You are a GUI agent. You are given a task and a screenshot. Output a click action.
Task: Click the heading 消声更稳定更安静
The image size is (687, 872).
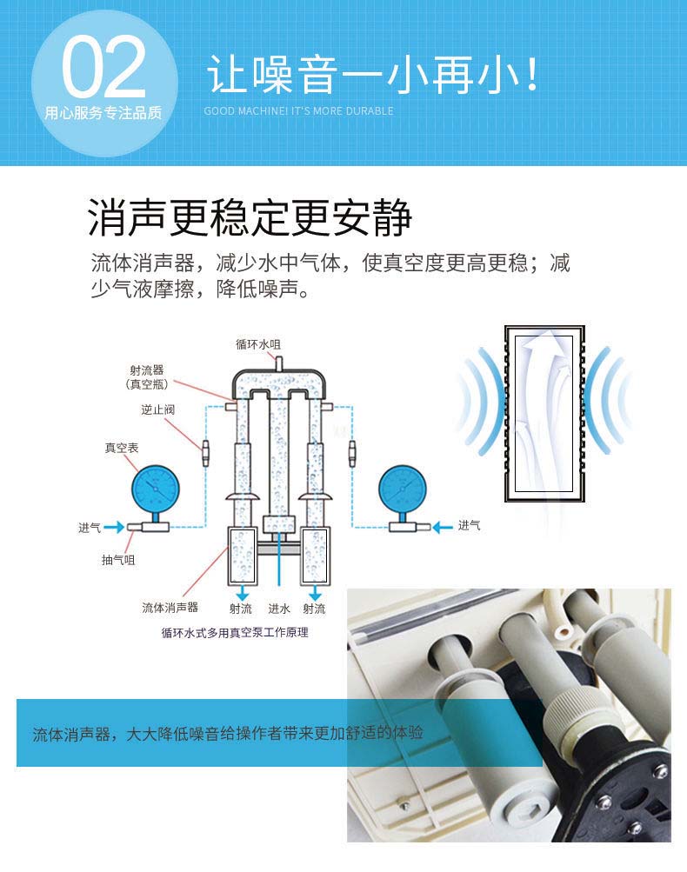click(x=250, y=216)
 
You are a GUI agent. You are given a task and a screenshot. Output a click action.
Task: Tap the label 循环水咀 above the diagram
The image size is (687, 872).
click(x=258, y=344)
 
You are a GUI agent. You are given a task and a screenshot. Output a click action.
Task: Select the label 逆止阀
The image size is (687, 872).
click(x=157, y=409)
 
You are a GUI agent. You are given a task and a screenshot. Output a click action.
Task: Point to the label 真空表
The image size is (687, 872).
click(x=121, y=448)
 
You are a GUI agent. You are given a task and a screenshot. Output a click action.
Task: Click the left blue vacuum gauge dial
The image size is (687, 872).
click(x=156, y=489)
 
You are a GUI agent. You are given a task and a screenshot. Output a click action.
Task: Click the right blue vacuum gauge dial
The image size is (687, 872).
click(x=402, y=490)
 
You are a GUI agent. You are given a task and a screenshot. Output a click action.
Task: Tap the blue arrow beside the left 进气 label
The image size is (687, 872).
click(x=114, y=527)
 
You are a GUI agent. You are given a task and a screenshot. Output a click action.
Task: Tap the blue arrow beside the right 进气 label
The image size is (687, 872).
click(x=443, y=527)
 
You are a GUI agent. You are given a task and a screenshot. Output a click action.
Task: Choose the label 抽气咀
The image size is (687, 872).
click(x=118, y=560)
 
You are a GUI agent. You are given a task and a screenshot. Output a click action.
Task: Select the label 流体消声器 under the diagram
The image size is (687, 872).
click(x=170, y=608)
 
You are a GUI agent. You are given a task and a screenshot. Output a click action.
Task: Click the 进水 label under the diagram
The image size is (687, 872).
click(x=279, y=609)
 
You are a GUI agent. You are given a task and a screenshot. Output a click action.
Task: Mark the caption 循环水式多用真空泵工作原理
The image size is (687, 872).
click(x=235, y=632)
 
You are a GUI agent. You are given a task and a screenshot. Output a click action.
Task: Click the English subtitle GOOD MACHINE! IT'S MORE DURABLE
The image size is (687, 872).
click(x=299, y=110)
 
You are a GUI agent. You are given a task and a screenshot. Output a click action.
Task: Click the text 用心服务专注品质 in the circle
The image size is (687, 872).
click(x=103, y=113)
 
